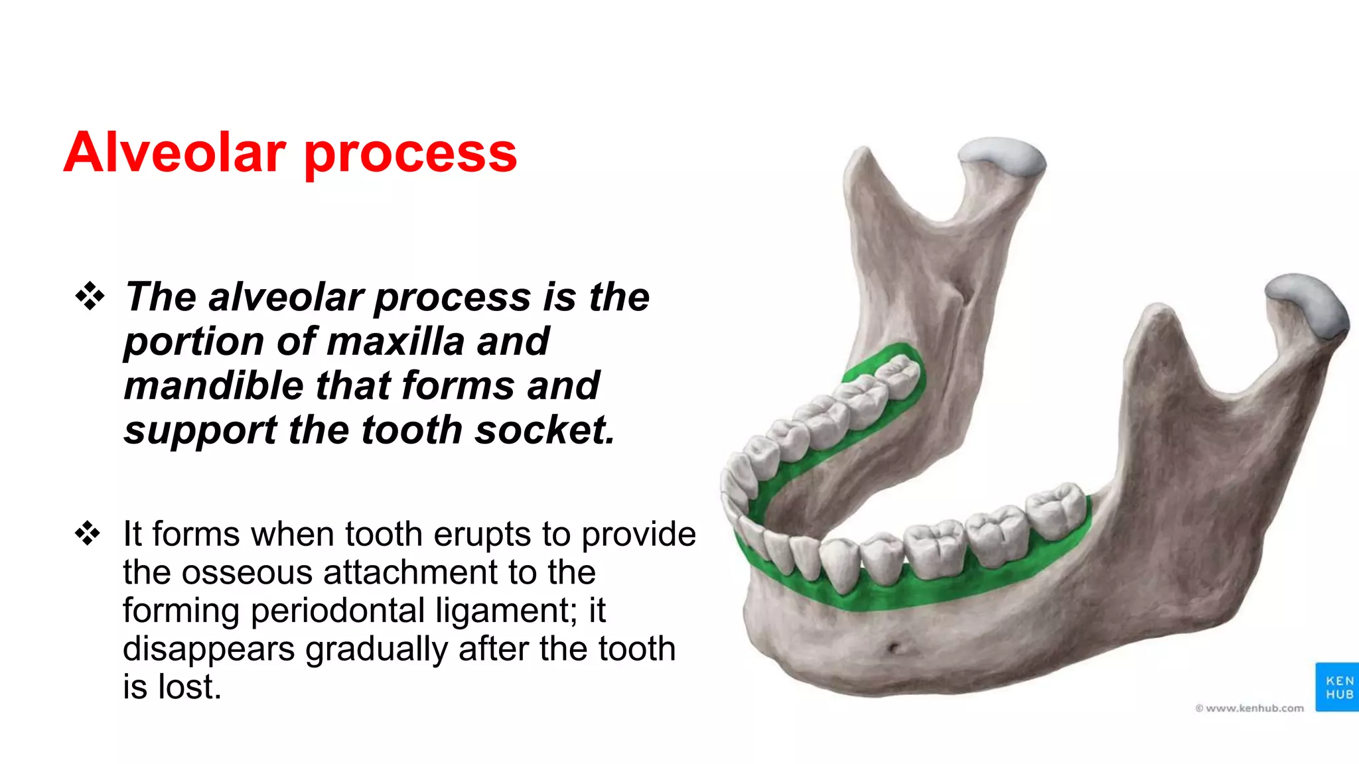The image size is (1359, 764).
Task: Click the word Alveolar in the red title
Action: point(175,153)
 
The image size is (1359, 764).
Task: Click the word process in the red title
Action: point(410,154)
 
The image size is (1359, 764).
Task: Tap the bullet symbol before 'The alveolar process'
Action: point(90,296)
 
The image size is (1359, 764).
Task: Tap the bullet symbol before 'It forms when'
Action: point(88,533)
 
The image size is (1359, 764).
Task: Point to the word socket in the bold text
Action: point(545,430)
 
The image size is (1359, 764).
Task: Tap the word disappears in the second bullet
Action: point(208,649)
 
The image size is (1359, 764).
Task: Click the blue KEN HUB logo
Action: point(1336,687)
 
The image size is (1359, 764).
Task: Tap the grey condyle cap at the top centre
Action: point(1002,157)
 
